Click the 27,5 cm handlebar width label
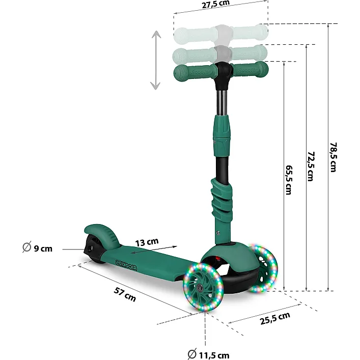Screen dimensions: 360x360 click(x=215, y=4)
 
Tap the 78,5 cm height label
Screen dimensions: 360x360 click(x=333, y=157)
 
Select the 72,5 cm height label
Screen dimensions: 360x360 click(x=311, y=167)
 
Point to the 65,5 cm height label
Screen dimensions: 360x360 click(x=289, y=180)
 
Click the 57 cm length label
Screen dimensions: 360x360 click(x=125, y=294)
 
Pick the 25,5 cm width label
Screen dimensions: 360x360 click(x=275, y=318)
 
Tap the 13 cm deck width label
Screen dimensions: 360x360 click(x=147, y=242)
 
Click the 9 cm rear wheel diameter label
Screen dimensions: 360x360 click(x=37, y=247)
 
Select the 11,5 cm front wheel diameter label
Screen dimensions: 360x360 click(x=208, y=354)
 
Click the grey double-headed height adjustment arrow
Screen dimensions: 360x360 click(x=156, y=60)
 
